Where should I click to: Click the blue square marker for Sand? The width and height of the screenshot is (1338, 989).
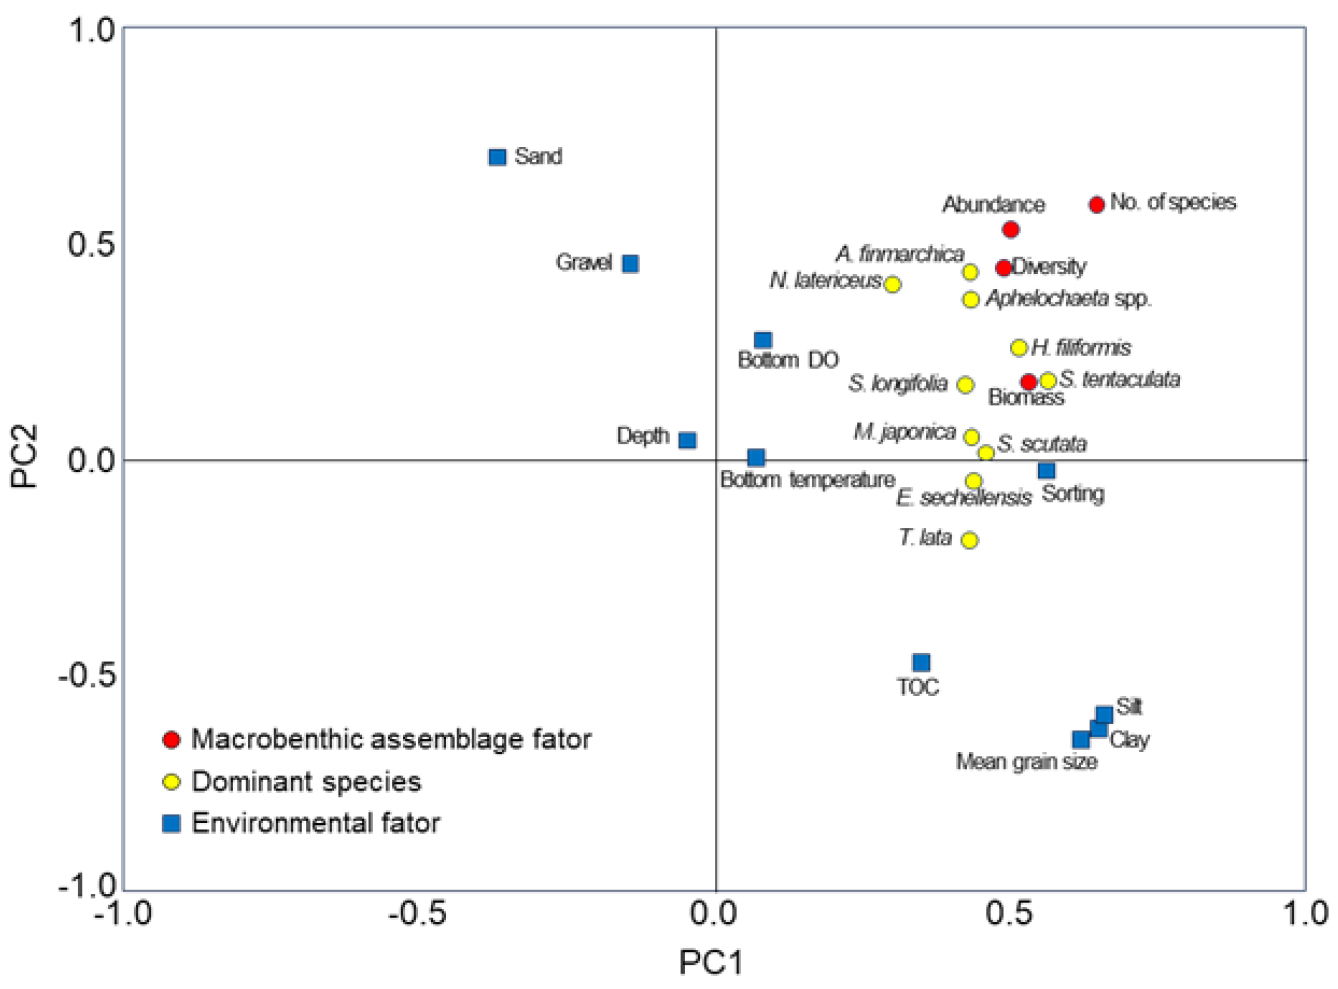(497, 157)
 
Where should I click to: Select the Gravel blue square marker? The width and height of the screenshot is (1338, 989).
(630, 264)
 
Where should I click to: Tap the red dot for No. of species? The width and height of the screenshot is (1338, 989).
(1096, 204)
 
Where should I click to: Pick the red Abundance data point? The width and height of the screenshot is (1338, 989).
(1010, 230)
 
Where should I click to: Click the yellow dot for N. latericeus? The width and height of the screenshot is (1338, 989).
(893, 285)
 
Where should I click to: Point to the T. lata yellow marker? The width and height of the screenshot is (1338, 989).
(969, 540)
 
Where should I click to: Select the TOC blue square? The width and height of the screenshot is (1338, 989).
(921, 662)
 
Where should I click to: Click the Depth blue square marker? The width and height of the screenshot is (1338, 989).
(687, 440)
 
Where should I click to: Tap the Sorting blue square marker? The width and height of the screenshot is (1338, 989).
(1046, 471)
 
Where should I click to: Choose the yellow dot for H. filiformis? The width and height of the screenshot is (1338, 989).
(1019, 348)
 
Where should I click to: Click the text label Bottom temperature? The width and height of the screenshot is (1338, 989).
(807, 480)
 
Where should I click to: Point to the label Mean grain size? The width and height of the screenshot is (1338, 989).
(1026, 762)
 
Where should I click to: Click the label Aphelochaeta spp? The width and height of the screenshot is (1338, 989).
(1068, 299)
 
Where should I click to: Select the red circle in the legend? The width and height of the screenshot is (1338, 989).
(172, 739)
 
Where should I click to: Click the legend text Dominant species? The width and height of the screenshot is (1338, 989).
(306, 781)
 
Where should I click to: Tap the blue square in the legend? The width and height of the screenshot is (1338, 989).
(172, 823)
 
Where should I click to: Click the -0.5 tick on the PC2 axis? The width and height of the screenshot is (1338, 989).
(87, 675)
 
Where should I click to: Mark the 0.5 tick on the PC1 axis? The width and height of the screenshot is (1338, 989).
(1010, 912)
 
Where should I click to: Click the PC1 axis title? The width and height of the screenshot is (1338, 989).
(711, 962)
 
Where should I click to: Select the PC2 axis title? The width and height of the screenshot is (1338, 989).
(24, 457)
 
